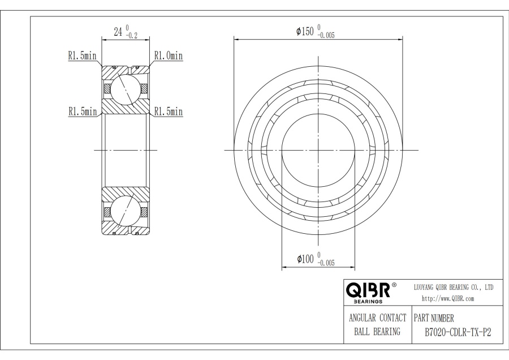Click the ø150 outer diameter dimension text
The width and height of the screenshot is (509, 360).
tap(306, 31)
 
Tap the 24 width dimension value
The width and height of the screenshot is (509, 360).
tap(118, 32)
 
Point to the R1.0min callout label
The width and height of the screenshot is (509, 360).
tap(169, 55)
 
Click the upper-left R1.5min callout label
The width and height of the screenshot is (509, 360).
tap(82, 55)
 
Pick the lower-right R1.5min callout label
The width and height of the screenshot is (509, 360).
tap(169, 112)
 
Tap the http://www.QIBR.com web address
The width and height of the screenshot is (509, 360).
tap(448, 298)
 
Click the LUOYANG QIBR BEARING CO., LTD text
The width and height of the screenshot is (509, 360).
tap(454, 288)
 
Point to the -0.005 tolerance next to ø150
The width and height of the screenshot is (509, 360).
tap(326, 35)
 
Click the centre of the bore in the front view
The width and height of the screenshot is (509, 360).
tap(318, 150)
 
